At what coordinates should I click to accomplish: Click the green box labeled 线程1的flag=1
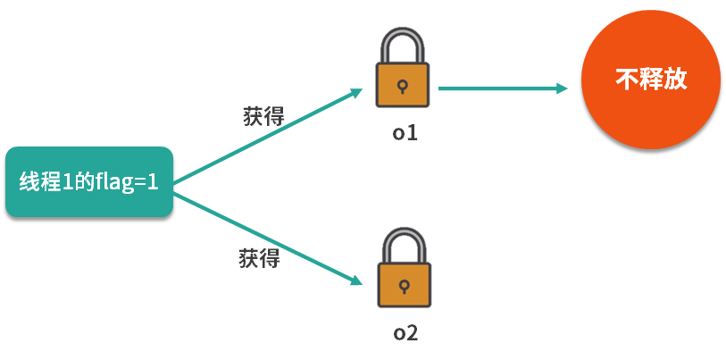(x=88, y=181)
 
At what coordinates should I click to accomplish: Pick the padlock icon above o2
(x=403, y=268)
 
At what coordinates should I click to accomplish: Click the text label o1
(x=405, y=133)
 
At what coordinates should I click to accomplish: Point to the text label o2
(x=405, y=333)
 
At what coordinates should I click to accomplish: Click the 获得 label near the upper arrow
(x=263, y=116)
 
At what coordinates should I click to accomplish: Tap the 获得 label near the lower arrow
(x=259, y=259)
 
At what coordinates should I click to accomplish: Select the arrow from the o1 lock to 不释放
(x=500, y=88)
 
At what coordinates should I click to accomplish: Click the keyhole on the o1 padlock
(x=403, y=88)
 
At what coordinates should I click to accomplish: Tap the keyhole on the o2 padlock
(x=403, y=287)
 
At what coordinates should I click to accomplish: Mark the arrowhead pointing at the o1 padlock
(x=356, y=92)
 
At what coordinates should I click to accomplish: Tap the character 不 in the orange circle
(x=626, y=79)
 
